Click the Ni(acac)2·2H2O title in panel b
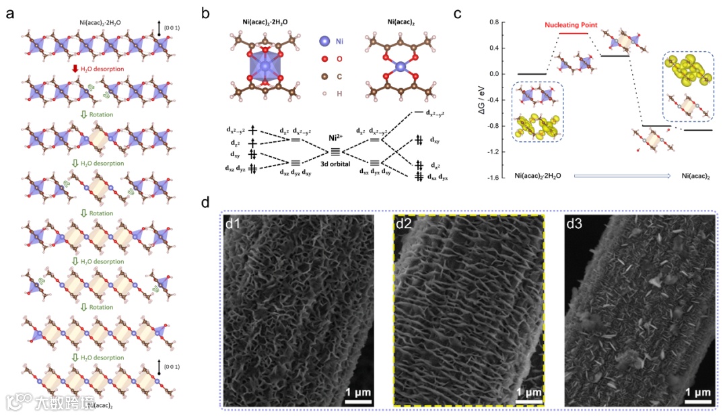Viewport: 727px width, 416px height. pyautogui.click(x=267, y=22)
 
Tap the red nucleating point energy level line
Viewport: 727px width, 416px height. pyautogui.click(x=574, y=33)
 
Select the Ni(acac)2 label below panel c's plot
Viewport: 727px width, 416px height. pyautogui.click(x=695, y=176)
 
